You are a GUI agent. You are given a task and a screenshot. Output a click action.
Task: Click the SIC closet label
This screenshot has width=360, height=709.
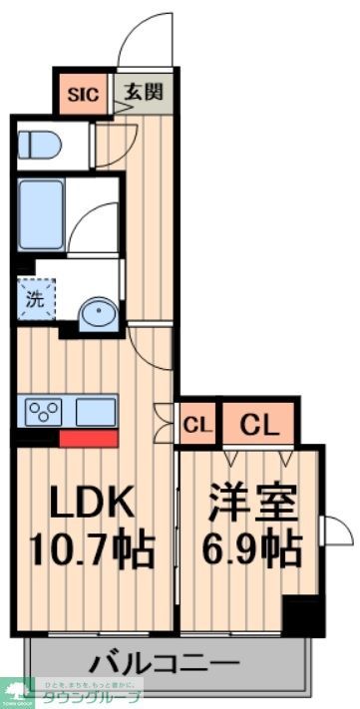[x=82, y=95]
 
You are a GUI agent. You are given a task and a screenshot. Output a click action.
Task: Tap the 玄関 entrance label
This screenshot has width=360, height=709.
[x=142, y=94]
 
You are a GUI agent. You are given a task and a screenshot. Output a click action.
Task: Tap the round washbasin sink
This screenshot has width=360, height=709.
[x=98, y=313]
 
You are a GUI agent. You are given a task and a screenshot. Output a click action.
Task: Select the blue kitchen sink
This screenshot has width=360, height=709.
[x=94, y=411]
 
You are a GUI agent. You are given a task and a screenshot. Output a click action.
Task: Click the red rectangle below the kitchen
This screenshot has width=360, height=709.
[x=89, y=437]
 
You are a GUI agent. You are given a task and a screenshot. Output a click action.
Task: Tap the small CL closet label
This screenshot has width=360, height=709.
[x=197, y=425]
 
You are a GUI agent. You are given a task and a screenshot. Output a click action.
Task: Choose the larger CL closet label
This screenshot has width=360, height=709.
[x=257, y=425]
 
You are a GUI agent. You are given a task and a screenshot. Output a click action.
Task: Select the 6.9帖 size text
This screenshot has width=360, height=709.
[x=253, y=548]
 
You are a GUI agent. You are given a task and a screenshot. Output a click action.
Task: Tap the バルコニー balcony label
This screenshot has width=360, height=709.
[x=165, y=661]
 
